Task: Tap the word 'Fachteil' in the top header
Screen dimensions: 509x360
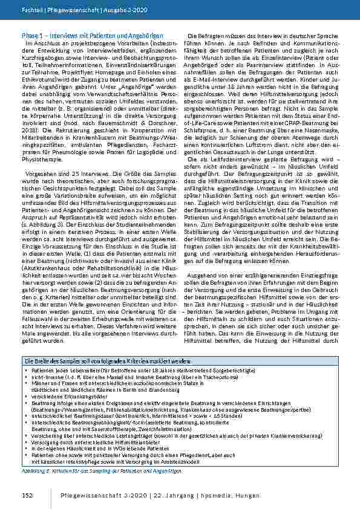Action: click(30, 11)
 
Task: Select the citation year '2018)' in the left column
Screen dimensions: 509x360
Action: click(29, 129)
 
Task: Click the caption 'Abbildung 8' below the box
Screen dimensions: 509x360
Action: click(34, 470)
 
